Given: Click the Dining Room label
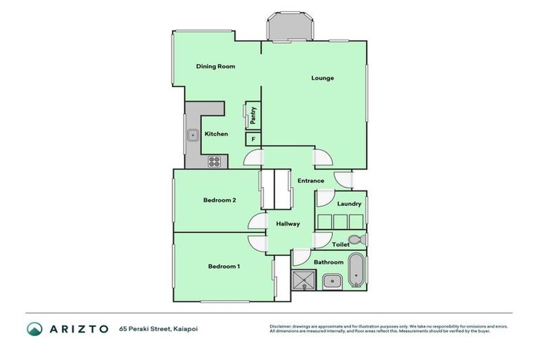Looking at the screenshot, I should click(215, 67).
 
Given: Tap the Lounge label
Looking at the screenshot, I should click(323, 78).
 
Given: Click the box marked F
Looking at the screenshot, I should click(252, 139).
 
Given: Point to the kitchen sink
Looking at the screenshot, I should click(192, 134).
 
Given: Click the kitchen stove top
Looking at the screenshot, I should click(214, 162).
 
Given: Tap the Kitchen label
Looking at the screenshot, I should click(216, 134).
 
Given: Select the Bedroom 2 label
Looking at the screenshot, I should click(219, 200).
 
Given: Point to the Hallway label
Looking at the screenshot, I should click(288, 224).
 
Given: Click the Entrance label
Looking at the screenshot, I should click(311, 181).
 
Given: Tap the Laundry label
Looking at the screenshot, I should click(349, 204).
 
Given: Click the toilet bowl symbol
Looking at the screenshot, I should click(355, 238).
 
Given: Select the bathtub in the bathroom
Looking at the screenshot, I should click(357, 270).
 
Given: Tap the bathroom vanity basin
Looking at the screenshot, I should click(331, 282).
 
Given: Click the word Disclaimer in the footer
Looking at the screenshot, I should click(281, 326).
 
